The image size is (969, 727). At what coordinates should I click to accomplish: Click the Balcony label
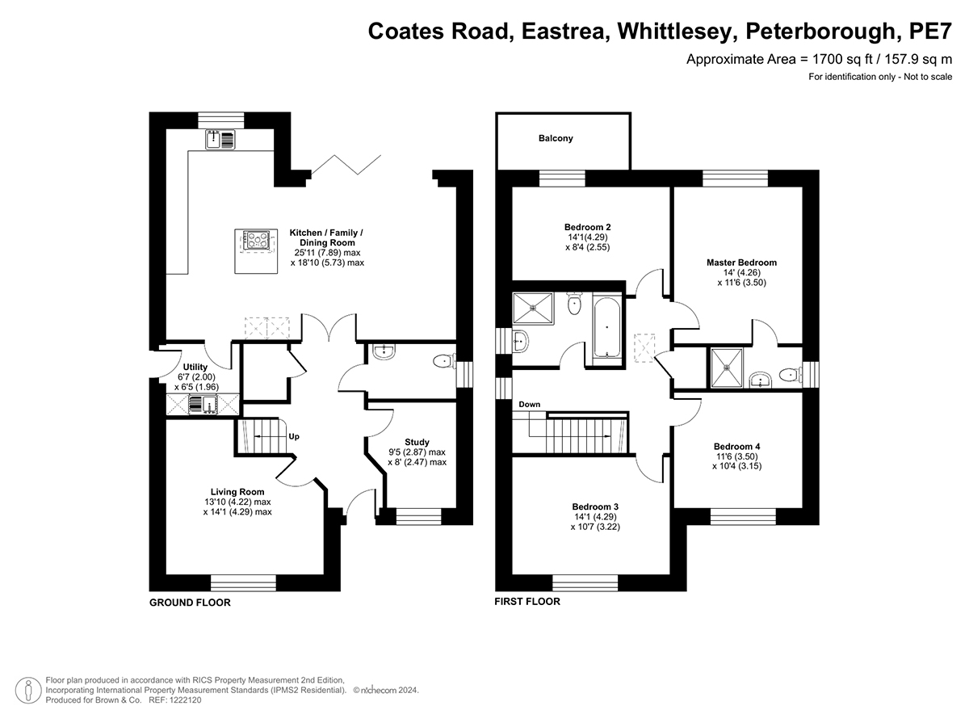coord(556,139)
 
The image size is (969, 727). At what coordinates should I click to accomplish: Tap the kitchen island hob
coord(257,242)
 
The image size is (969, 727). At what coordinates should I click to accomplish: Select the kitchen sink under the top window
coord(220,140)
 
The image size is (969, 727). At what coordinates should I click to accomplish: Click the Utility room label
coord(195,367)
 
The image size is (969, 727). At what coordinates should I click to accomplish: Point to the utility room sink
coord(203,406)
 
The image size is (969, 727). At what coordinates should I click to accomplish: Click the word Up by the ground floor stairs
coord(294,436)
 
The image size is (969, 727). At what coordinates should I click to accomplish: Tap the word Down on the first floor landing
coord(529,405)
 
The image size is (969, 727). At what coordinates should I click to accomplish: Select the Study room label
coord(417,442)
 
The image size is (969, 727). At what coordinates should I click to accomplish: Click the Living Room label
coord(237,492)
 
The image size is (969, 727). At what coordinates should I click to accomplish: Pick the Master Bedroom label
coord(741,263)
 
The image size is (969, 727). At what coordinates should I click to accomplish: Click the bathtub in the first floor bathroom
coord(607,327)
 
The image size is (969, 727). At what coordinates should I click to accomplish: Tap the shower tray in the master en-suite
coord(727,368)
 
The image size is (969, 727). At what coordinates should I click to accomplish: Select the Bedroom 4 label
coord(736,447)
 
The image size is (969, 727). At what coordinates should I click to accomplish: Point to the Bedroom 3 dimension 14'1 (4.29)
coord(595,516)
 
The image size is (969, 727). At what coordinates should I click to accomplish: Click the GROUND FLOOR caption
coord(190,603)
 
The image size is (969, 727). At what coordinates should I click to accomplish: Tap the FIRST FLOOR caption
coord(527,602)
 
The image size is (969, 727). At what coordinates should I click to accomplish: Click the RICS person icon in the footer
coord(28,690)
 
